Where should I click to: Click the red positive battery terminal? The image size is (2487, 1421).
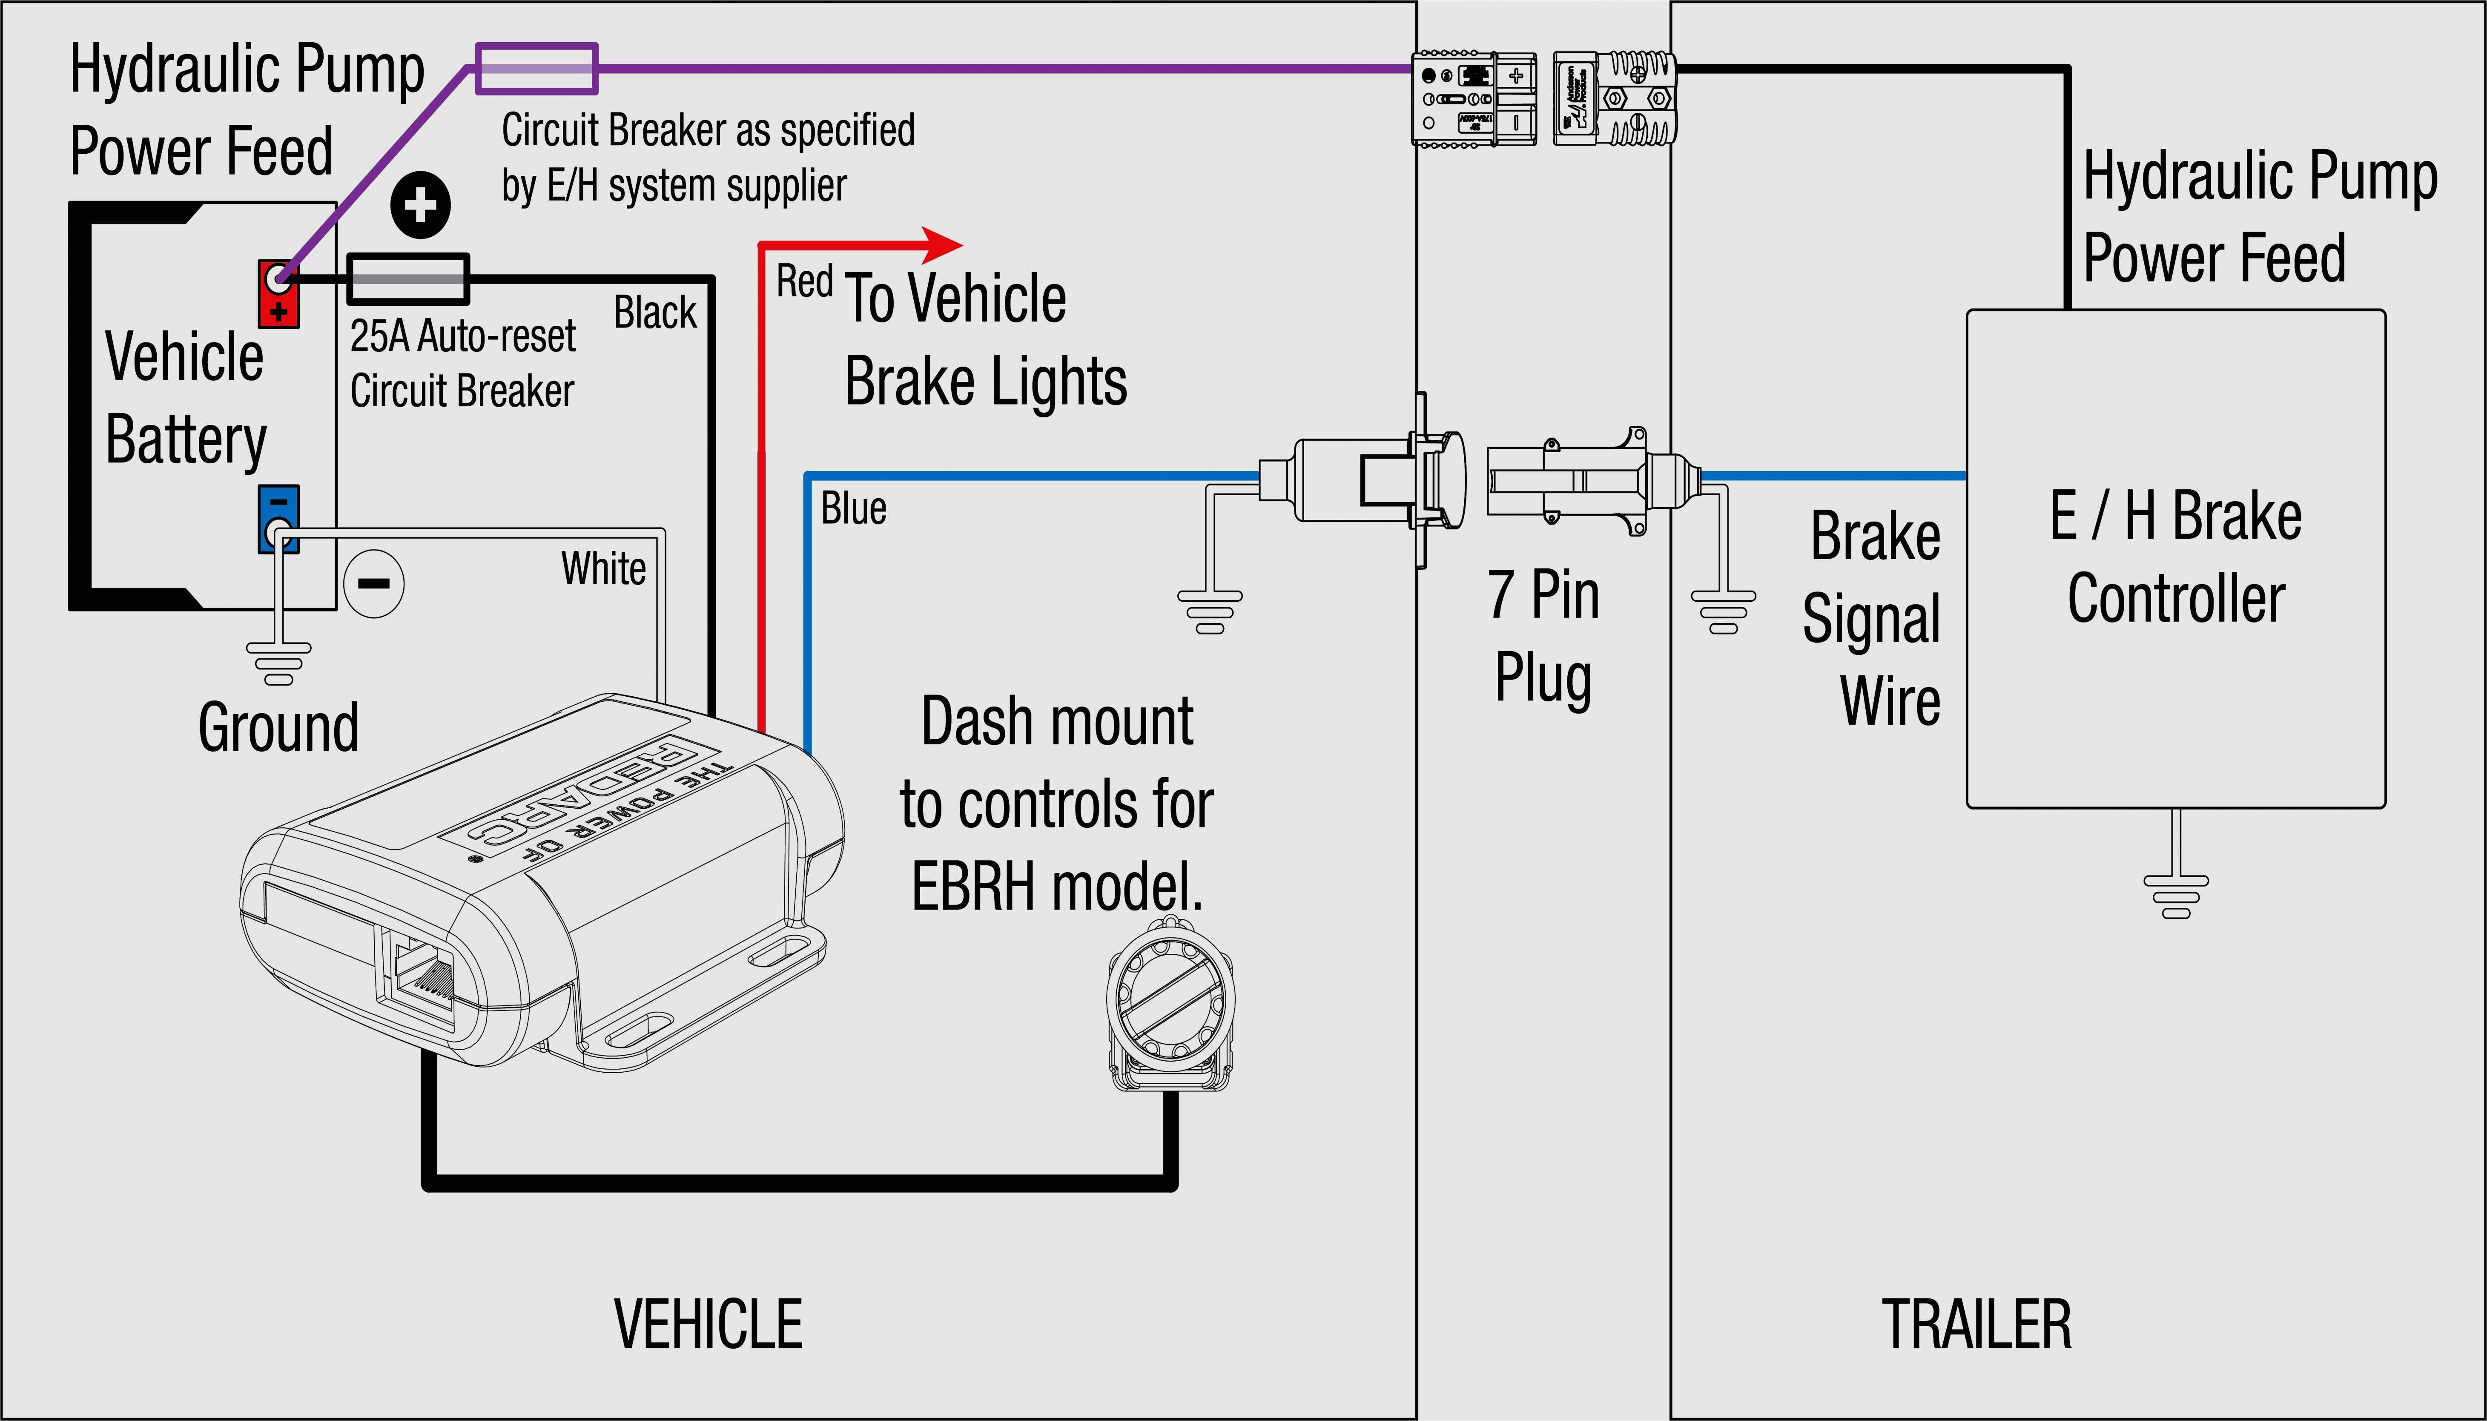[278, 293]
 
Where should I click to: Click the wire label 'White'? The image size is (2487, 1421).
[603, 568]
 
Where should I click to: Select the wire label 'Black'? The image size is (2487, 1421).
[655, 312]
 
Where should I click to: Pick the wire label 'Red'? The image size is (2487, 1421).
[804, 282]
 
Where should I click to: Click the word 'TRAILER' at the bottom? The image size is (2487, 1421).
[1976, 1324]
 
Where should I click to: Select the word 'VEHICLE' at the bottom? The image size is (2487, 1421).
[709, 1324]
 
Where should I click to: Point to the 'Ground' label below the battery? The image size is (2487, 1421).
[278, 727]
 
